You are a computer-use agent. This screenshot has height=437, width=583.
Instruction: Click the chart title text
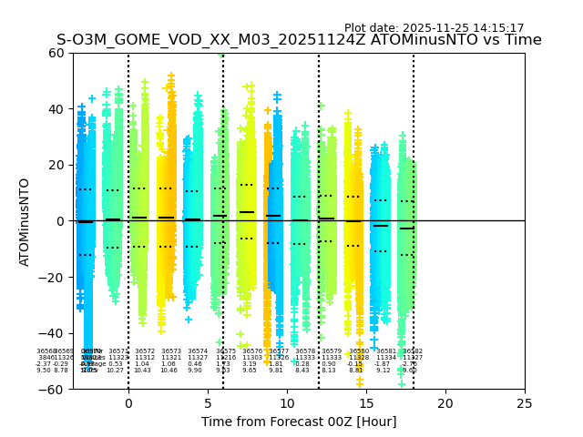(299, 40)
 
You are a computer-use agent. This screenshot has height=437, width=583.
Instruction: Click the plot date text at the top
(434, 28)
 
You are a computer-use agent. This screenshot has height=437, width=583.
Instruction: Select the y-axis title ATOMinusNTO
(26, 221)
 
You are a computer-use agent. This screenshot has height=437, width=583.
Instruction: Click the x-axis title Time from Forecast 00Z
(299, 422)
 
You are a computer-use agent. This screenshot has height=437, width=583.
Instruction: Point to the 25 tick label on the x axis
(525, 402)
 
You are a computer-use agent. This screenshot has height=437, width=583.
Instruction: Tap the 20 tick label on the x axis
(445, 402)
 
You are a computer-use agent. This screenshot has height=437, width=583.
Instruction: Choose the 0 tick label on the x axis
(128, 402)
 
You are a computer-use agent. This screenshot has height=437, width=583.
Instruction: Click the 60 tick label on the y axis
(56, 53)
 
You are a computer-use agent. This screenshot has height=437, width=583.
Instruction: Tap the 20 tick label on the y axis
(56, 165)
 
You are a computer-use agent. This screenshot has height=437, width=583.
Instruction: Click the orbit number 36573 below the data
(169, 351)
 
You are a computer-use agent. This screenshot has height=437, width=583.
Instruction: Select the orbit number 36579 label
(332, 351)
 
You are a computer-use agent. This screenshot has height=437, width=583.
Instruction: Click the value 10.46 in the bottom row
(169, 371)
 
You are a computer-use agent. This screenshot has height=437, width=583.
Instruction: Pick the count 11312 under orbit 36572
(144, 358)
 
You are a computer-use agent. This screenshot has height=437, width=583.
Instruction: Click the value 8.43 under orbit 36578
(302, 371)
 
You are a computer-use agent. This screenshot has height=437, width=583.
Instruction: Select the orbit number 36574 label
(198, 351)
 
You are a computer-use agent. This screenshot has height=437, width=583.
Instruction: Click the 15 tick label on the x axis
(366, 402)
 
